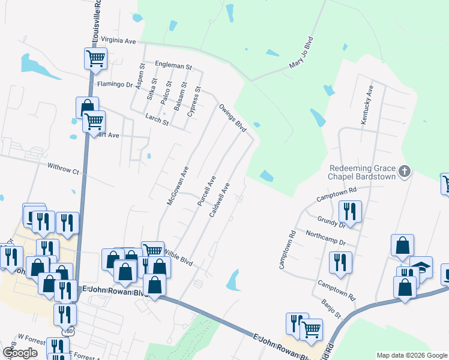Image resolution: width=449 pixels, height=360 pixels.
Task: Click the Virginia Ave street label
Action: (x=119, y=41)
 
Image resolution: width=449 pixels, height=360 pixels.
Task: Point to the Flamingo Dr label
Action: (x=115, y=85)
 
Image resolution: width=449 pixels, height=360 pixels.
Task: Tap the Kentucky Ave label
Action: (x=367, y=105)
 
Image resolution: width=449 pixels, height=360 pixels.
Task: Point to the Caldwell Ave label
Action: (x=220, y=200)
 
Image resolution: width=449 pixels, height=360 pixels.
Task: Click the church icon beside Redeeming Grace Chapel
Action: (x=405, y=172)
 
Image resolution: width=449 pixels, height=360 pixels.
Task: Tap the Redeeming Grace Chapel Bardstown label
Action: (x=363, y=172)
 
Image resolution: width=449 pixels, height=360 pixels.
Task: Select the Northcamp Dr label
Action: (x=326, y=238)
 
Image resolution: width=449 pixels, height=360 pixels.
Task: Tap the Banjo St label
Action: (x=331, y=310)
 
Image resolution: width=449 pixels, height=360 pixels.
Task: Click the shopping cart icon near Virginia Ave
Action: (x=95, y=59)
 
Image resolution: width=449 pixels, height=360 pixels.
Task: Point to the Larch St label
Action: (x=157, y=120)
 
